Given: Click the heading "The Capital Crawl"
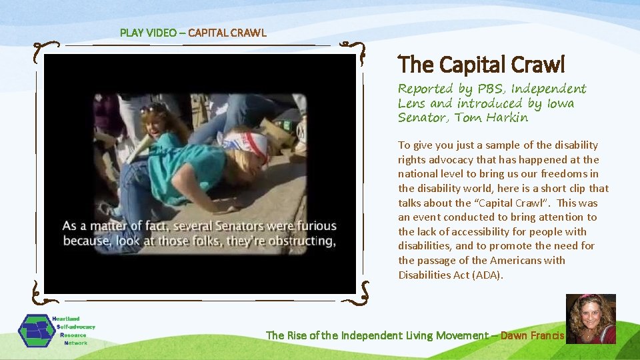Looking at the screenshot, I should [x=481, y=65].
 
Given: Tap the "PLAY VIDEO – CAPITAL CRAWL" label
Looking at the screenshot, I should [x=193, y=32].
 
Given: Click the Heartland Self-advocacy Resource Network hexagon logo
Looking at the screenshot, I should [x=37, y=331].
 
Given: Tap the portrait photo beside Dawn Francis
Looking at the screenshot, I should [x=591, y=319].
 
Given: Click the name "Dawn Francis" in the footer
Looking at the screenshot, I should [x=532, y=335].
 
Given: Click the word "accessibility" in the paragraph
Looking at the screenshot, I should [x=481, y=231].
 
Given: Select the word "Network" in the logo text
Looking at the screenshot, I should [x=75, y=343].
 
